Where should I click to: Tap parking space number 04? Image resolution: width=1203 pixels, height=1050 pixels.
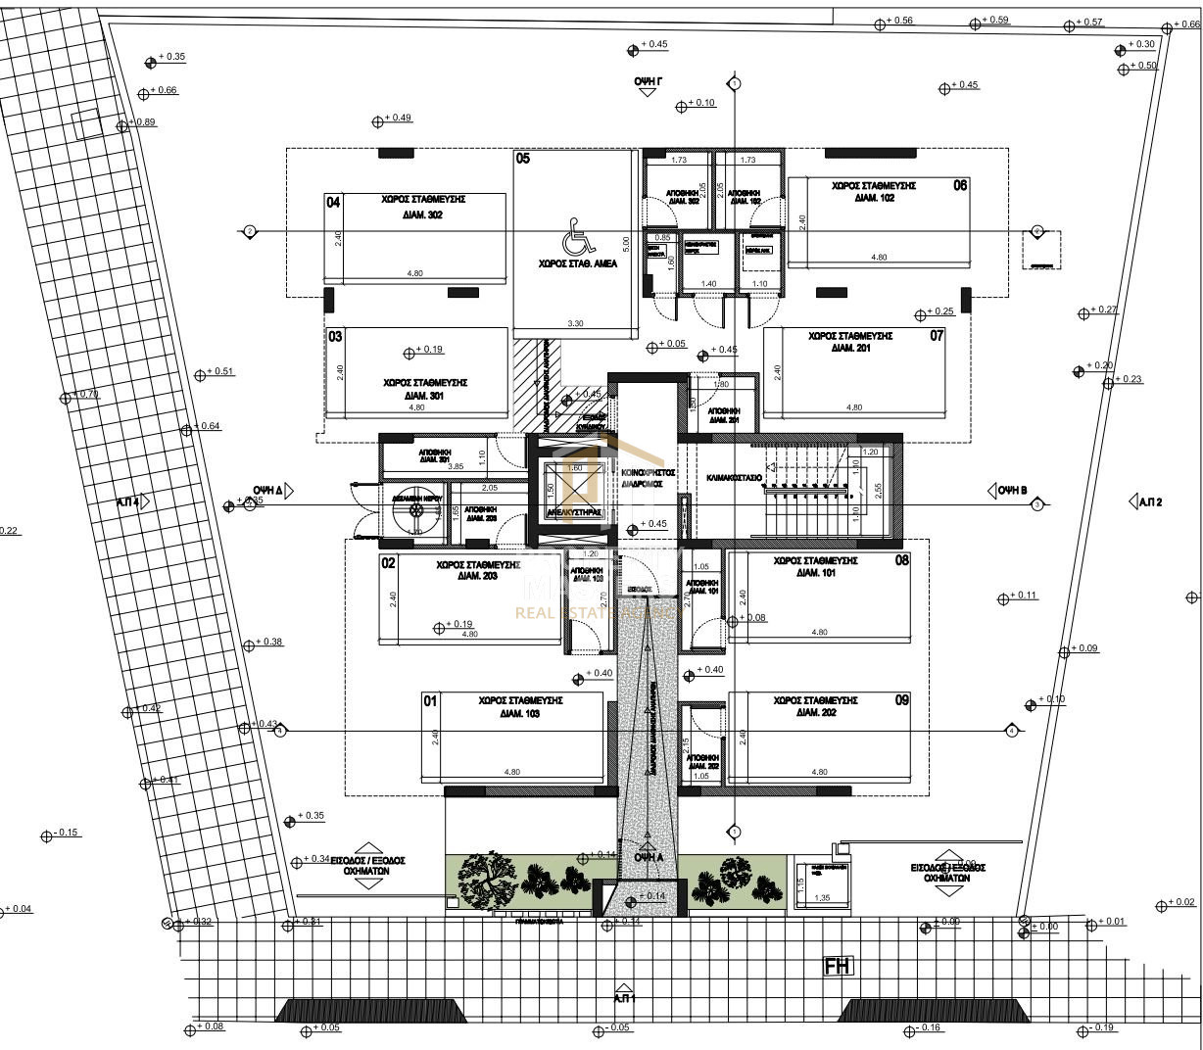pos(333,203)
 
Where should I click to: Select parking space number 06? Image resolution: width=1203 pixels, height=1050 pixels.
pos(960,185)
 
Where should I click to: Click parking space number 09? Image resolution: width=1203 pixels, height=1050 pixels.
pos(901,699)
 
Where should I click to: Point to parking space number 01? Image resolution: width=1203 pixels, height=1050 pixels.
pos(429,701)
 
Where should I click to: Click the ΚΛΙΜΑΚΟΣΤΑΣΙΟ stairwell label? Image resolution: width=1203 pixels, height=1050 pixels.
pos(735,478)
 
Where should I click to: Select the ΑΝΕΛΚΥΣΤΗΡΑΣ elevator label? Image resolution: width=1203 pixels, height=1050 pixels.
pos(573,511)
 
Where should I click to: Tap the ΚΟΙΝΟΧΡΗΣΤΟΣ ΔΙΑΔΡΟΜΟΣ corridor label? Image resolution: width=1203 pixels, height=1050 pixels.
pos(649,477)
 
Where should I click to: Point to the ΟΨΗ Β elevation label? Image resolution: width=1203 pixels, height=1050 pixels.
pos(1012,491)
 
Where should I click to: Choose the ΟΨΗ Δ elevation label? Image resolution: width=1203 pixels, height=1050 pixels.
pos(267,489)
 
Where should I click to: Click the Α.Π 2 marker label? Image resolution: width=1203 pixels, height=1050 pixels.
pos(1149,502)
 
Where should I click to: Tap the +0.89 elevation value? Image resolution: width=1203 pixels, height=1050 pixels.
pos(143,122)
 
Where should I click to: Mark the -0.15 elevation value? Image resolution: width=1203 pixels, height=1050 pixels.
pos(67,833)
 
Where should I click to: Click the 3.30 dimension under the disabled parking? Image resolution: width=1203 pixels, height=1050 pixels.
pos(575,323)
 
